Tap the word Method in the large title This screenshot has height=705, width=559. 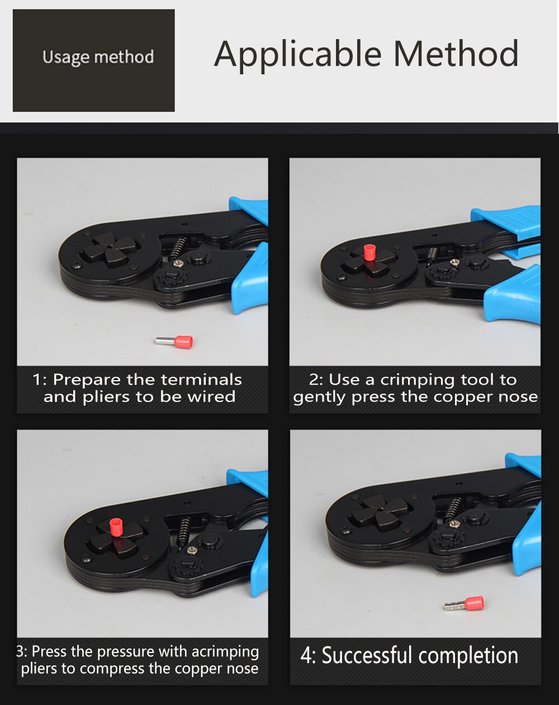[456, 53]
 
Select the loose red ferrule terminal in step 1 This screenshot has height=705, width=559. [174, 342]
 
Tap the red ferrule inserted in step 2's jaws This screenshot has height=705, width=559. [370, 253]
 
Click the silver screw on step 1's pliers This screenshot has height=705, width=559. [178, 263]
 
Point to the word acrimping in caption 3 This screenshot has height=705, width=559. [225, 652]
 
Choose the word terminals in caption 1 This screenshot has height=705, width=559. [201, 380]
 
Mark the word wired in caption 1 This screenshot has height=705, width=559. [211, 397]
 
